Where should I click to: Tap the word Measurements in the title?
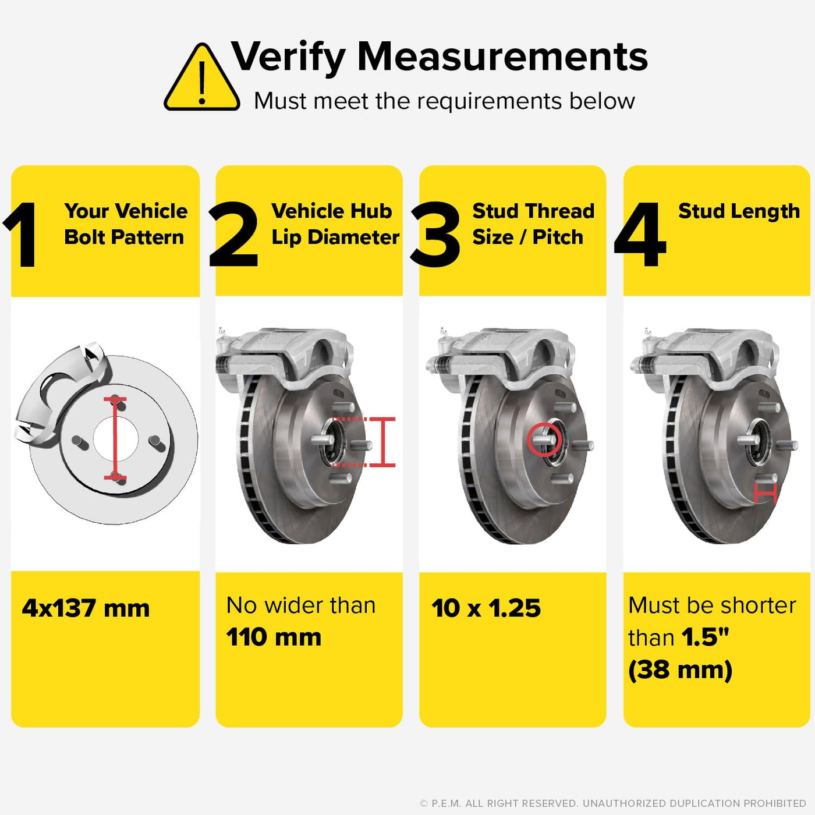point(503,56)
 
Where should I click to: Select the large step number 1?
point(22,235)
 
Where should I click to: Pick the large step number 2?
point(233,235)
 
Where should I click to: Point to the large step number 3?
point(435,235)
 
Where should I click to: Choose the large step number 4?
point(640,235)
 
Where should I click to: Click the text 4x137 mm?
point(86,608)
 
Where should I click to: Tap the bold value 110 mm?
point(274,637)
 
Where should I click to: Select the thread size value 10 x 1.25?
point(486,608)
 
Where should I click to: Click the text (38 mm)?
point(680,670)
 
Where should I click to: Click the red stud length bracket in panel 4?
point(766,493)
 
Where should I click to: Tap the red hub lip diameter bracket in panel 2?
point(382,442)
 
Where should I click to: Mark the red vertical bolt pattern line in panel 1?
point(115,438)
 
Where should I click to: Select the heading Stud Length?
point(739,211)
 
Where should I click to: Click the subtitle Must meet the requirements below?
point(444,101)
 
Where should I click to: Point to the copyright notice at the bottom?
point(613,803)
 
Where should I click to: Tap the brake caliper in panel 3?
point(504,360)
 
